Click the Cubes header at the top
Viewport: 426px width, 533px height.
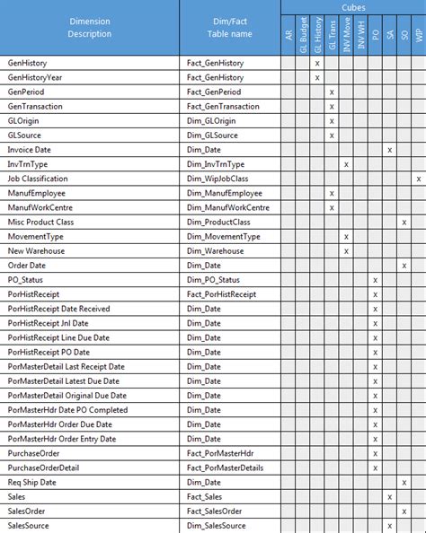coord(352,6)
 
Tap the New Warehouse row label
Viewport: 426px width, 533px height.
coord(36,250)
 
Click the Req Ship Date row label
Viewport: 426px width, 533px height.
coord(32,482)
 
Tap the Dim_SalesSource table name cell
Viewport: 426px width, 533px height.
coord(216,525)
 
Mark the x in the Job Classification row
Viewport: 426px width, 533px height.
coord(419,179)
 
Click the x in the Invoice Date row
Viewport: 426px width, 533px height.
coord(389,150)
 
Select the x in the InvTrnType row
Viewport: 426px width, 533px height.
coord(346,164)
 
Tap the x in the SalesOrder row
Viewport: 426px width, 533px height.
coord(404,511)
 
